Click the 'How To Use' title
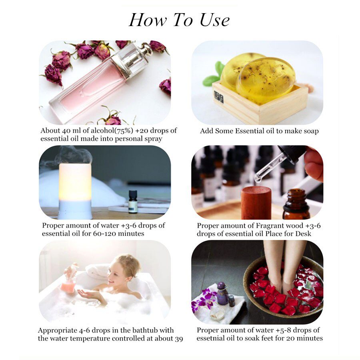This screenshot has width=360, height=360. click(x=179, y=20)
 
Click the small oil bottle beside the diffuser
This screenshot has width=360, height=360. click(x=133, y=202)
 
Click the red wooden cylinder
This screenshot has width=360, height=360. click(x=256, y=202)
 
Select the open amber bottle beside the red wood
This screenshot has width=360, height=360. click(x=296, y=204)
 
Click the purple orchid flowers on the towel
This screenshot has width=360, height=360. click(x=204, y=300)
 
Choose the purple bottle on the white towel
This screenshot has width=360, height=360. click(x=222, y=296)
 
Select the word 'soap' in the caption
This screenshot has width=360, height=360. click(x=310, y=131)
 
